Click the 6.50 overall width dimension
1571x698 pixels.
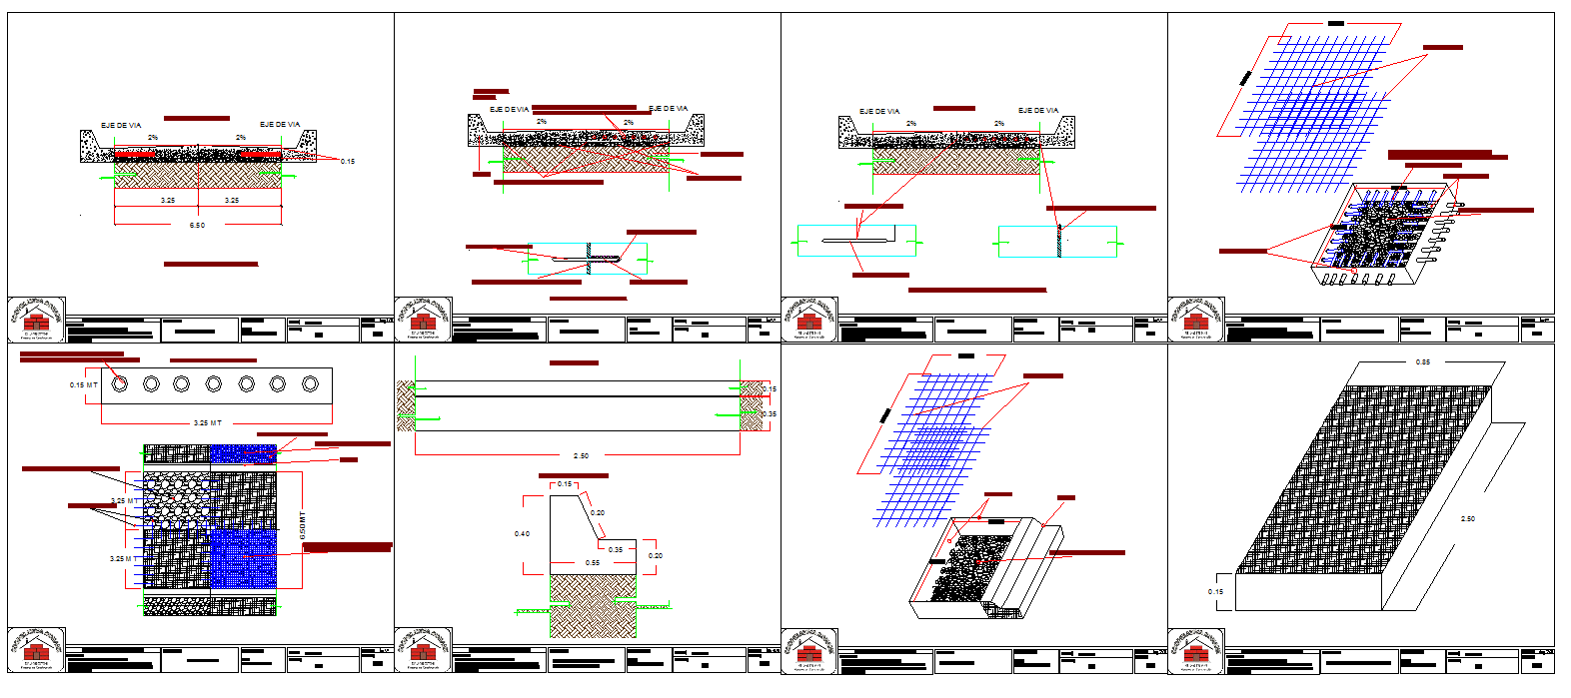(x=197, y=226)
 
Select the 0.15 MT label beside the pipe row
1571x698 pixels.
(x=84, y=385)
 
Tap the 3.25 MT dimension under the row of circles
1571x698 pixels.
(x=208, y=423)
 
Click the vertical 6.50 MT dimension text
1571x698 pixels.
(x=303, y=526)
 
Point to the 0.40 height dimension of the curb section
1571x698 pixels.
(x=522, y=534)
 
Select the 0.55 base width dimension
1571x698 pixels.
(x=593, y=563)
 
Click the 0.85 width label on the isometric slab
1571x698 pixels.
(x=1422, y=362)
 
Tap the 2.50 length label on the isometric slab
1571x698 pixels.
(x=1467, y=519)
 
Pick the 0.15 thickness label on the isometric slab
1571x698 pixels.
(x=1215, y=592)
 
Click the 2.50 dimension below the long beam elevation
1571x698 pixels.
(x=581, y=456)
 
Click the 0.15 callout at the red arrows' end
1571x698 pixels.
(x=347, y=162)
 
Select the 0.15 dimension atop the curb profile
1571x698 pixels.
(x=565, y=484)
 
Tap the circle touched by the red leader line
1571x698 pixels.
(x=120, y=383)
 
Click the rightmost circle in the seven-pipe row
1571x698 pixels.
(x=310, y=383)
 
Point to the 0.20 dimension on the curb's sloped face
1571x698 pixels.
(x=598, y=513)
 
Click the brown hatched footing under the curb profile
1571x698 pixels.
(x=593, y=606)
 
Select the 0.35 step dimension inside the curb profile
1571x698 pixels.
(x=616, y=550)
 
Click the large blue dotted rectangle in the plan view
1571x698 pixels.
(x=242, y=558)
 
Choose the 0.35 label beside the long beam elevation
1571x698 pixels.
(x=770, y=414)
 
